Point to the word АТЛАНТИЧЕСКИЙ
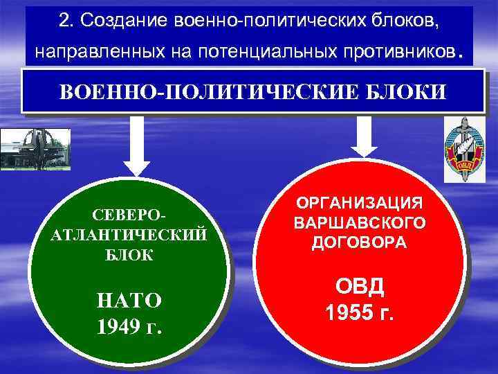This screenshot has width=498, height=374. [130, 234]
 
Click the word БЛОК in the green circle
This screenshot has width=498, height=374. [131, 254]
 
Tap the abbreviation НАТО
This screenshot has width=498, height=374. [130, 300]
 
